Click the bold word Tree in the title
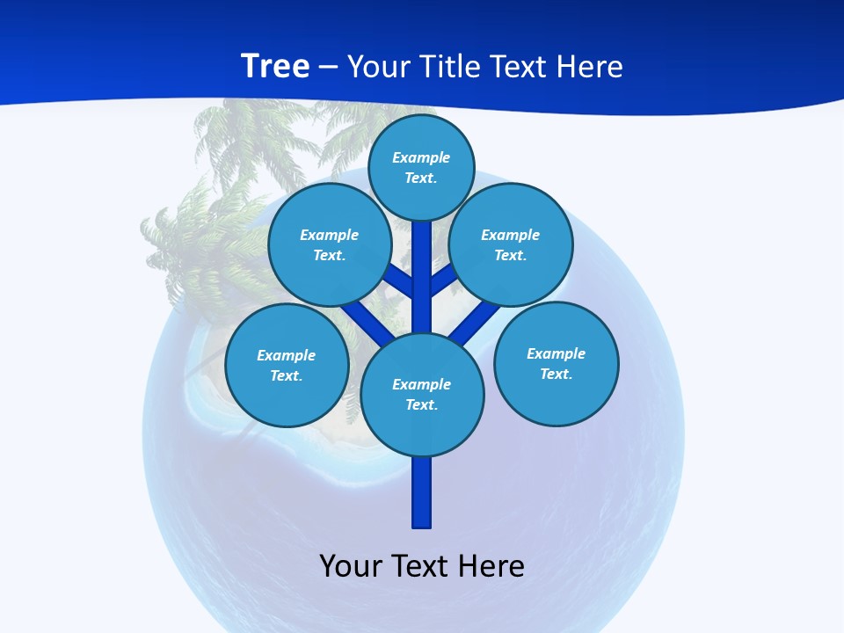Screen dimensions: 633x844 coord(275,66)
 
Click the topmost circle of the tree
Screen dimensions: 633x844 coord(421,167)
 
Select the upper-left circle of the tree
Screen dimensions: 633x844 coord(329,245)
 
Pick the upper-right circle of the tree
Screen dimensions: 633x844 coord(511,245)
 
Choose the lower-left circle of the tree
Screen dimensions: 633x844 coord(287,365)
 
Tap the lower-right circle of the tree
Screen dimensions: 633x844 coord(556,363)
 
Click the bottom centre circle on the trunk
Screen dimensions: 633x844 coord(422,395)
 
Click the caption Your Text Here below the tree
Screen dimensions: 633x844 coord(422,565)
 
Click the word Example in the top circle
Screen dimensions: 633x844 coord(421,157)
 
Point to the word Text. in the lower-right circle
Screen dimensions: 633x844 coord(556,374)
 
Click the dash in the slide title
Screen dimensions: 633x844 coord(328,67)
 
